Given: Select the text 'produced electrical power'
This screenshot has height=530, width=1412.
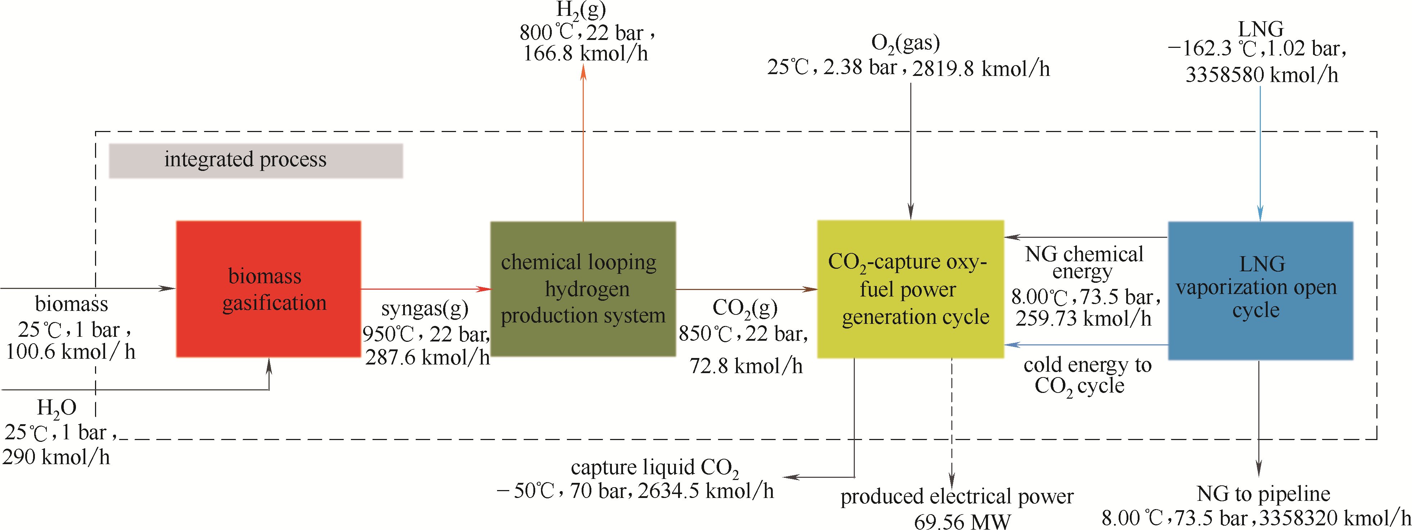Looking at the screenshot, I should pyautogui.click(x=956, y=497).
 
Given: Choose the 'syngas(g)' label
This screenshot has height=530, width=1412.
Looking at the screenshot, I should pyautogui.click(x=425, y=309).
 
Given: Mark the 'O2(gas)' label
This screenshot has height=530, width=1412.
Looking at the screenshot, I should pyautogui.click(x=906, y=43).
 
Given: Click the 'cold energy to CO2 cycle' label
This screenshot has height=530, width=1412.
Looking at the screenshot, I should pyautogui.click(x=1087, y=375).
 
